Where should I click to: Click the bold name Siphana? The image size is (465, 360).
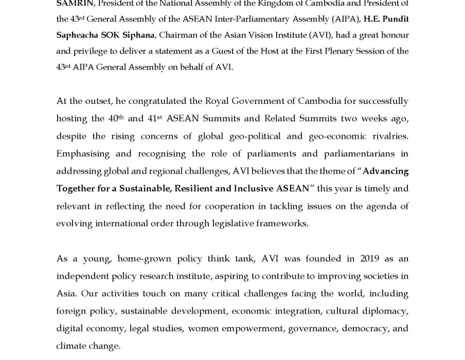pos(138,35)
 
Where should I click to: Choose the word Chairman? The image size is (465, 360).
pos(203,35)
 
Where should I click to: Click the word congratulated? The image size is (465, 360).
pos(163,101)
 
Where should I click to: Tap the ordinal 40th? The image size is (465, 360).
pos(116,118)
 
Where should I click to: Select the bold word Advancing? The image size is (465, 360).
pos(385,171)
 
